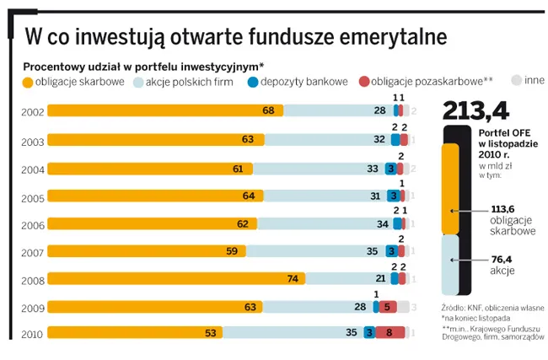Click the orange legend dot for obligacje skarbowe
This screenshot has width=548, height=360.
(x=29, y=82)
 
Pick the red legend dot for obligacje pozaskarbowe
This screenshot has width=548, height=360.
(x=364, y=82)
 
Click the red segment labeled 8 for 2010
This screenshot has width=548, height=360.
(x=390, y=333)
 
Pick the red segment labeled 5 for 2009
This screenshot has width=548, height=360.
(x=386, y=307)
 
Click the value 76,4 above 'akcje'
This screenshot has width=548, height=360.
(x=503, y=261)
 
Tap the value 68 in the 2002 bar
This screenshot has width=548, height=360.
(x=269, y=110)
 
